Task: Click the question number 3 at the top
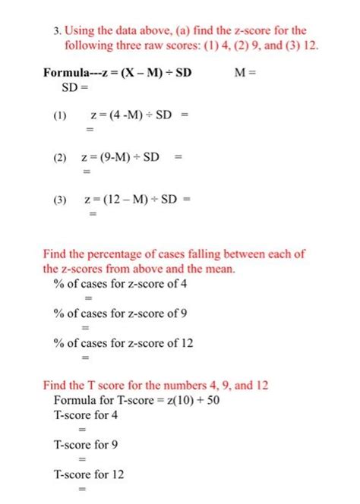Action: pos(56,31)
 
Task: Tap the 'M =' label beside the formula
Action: pos(247,74)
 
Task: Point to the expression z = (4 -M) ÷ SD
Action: pos(133,116)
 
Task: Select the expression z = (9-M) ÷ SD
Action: pos(122,158)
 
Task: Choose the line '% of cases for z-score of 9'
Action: pos(123,313)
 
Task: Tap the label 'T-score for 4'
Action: pos(86,415)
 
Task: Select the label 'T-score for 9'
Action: pos(86,445)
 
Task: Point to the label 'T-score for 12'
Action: pos(89,474)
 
